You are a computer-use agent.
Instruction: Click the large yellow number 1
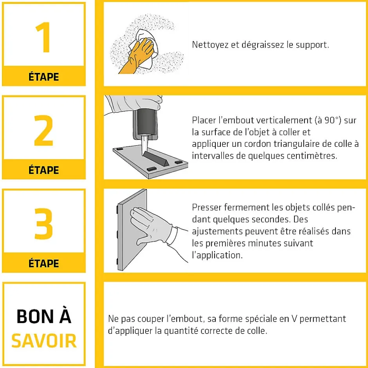(x=43, y=37)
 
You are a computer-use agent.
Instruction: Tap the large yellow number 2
(x=43, y=130)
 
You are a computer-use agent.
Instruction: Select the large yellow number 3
(x=43, y=224)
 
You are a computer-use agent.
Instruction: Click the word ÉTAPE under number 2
(x=44, y=170)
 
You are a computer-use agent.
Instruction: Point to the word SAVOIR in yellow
(x=44, y=341)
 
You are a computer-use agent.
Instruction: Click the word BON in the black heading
(x=35, y=316)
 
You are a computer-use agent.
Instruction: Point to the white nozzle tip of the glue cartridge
(x=144, y=145)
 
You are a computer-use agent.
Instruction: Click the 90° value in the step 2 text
(x=332, y=120)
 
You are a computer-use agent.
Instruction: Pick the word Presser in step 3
(x=207, y=207)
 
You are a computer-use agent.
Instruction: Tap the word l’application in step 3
(x=217, y=256)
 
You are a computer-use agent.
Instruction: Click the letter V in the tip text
(x=294, y=319)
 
